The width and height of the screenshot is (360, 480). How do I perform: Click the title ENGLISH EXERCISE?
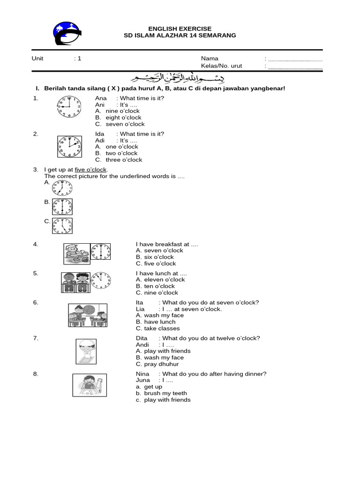pyautogui.click(x=180, y=29)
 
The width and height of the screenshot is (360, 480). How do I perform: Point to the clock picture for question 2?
pyautogui.click(x=69, y=146)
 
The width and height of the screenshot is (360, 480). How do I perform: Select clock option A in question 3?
pyautogui.click(x=62, y=188)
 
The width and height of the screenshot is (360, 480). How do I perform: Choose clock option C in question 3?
pyautogui.click(x=62, y=226)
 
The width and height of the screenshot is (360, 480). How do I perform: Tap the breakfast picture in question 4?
pyautogui.click(x=76, y=254)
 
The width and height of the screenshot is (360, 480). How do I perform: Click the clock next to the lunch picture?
pyautogui.click(x=101, y=281)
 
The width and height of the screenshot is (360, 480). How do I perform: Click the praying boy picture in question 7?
pyautogui.click(x=86, y=352)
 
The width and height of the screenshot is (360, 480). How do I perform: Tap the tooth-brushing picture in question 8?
pyautogui.click(x=88, y=385)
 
